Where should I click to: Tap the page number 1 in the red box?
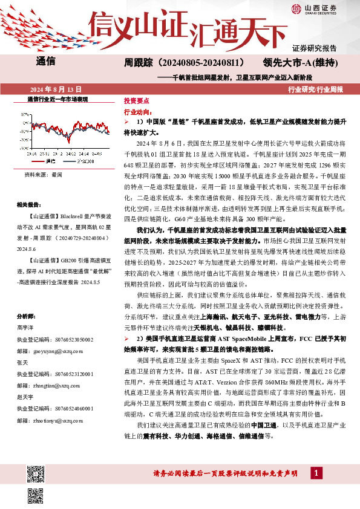[317, 472]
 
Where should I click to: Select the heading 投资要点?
[136, 102]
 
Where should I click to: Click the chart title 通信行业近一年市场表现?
[58, 99]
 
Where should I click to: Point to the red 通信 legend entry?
[47, 162]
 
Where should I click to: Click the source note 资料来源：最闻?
[44, 175]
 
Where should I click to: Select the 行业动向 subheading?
[137, 112]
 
